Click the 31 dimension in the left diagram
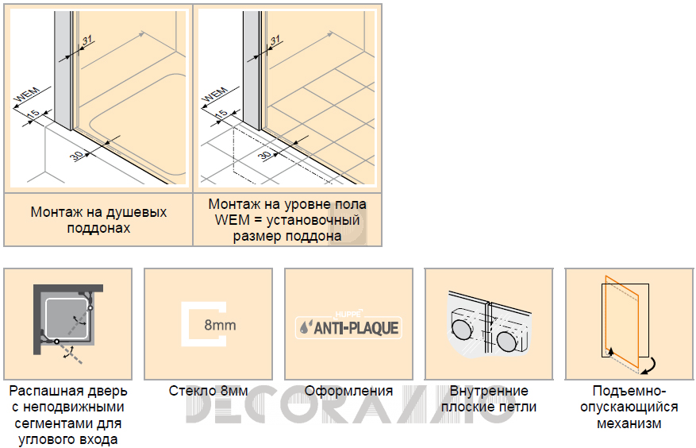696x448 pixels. point(87,40)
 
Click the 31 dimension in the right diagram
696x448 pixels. point(275,40)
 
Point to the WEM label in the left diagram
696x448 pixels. point(28,95)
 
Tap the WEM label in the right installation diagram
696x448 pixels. point(216,95)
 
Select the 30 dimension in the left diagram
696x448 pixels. point(76,156)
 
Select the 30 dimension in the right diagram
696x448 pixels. point(264,156)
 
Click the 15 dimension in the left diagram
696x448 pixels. point(33,114)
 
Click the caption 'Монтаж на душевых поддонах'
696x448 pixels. point(98,220)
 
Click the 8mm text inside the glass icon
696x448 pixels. point(220,325)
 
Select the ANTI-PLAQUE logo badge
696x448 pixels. point(348,326)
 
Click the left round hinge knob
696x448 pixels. point(463,327)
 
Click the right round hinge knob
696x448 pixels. point(507,341)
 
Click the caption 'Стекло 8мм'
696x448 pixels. point(208,391)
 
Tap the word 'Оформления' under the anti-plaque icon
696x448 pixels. point(348,391)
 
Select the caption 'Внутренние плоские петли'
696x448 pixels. point(489,399)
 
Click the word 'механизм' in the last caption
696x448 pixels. point(629,423)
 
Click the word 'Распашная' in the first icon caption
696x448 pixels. point(40,391)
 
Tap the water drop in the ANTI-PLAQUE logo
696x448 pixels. point(304,328)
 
